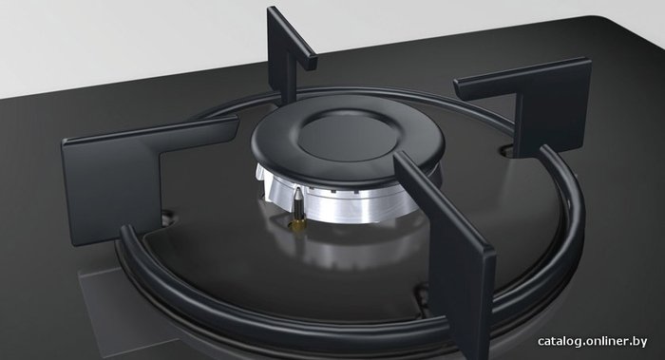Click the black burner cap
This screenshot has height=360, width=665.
347,140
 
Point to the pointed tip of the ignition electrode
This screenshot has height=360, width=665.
299,190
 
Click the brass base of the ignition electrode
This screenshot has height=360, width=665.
299,224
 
